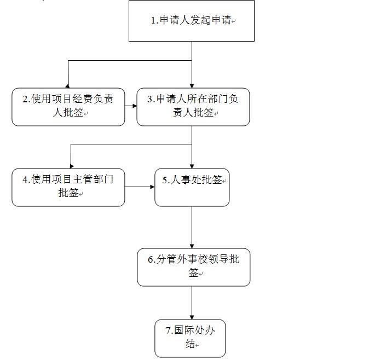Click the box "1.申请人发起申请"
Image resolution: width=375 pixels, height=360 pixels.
tap(191, 21)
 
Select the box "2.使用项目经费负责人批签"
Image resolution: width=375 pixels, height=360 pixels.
tap(68, 107)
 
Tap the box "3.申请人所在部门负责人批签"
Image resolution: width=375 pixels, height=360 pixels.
tap(193, 107)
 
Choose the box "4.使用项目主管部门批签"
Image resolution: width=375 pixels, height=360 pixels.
tap(68, 188)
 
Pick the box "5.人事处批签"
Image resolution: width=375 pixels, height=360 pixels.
tap(192, 188)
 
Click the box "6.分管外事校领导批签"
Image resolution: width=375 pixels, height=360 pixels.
tap(194, 267)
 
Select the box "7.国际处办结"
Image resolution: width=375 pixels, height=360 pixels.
tap(190, 338)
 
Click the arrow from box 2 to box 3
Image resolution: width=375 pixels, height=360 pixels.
tap(131, 106)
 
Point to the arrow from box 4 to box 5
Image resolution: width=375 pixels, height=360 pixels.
tap(140, 187)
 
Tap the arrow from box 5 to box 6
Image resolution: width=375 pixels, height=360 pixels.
tap(192, 228)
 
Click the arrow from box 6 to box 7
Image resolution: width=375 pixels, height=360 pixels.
tap(192, 303)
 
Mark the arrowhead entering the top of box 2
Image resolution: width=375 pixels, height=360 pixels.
tap(68, 86)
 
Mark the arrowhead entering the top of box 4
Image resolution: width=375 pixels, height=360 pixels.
tap(71, 166)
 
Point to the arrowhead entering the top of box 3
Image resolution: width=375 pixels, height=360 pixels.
tap(192, 86)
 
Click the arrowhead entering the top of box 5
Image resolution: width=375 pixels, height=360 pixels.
tap(192, 166)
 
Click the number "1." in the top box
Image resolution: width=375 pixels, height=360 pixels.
tap(155, 20)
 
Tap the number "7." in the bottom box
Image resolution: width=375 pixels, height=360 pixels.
tap(169, 330)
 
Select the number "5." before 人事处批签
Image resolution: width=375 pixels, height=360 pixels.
tap(166, 180)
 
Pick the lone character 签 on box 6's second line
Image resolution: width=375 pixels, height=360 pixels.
tap(193, 272)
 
